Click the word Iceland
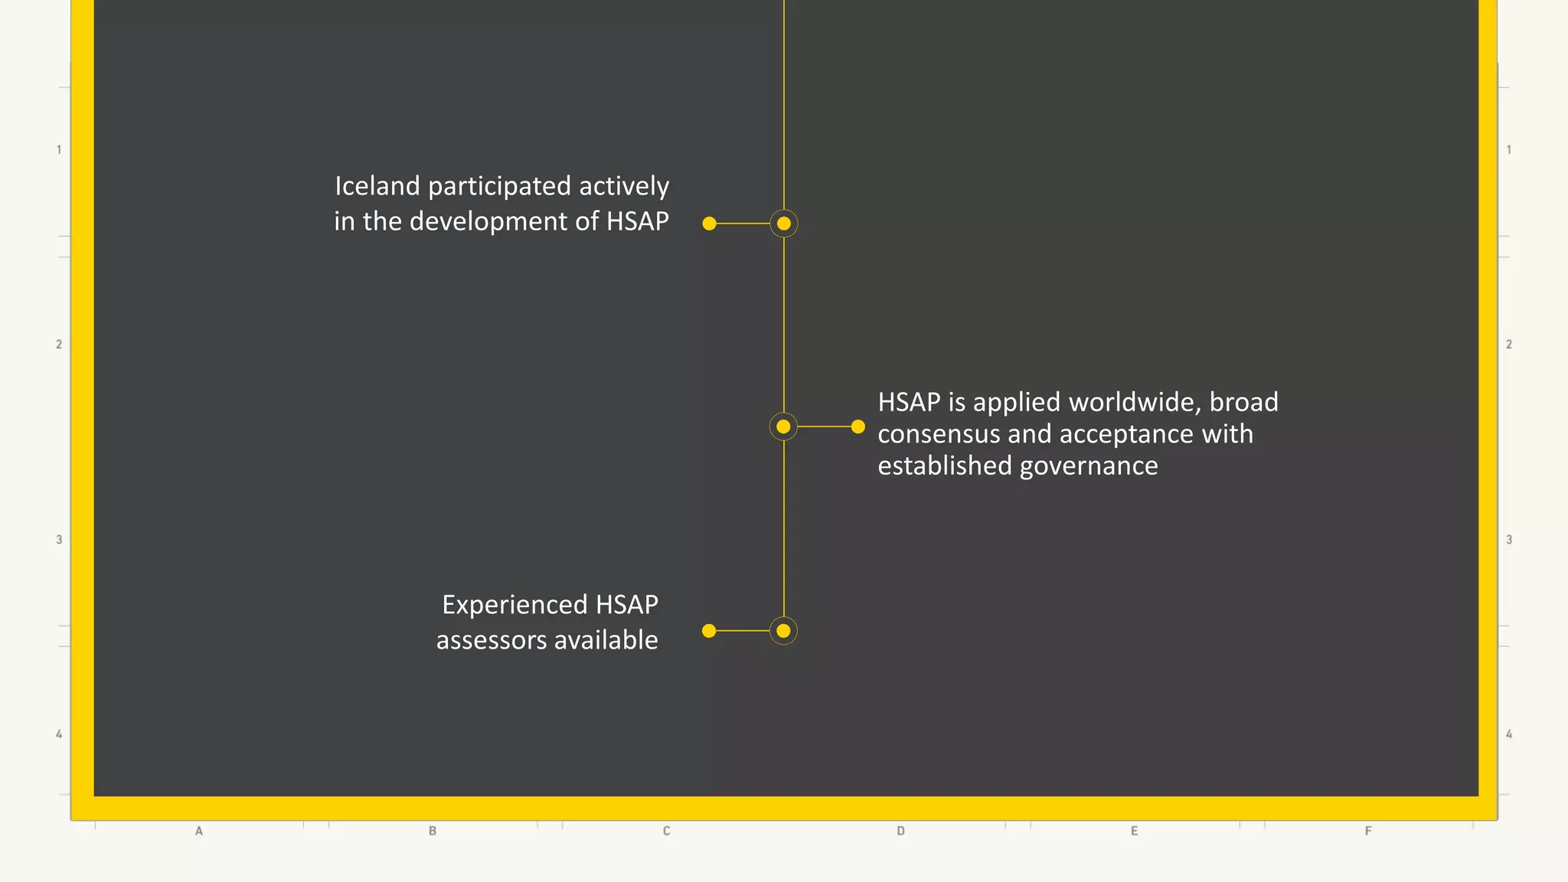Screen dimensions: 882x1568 (x=377, y=186)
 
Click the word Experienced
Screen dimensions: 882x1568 (x=514, y=605)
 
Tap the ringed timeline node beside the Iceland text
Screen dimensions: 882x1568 (x=783, y=224)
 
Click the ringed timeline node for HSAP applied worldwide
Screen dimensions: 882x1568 (x=783, y=426)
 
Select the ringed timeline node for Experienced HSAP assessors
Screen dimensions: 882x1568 (x=783, y=631)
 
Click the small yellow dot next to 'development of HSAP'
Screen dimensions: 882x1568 (x=710, y=224)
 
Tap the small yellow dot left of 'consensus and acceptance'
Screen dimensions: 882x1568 (x=858, y=426)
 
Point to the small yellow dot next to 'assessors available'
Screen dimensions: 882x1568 (x=709, y=631)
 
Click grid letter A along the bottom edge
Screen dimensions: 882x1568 (x=199, y=831)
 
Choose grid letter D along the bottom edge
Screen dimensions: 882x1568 (x=900, y=831)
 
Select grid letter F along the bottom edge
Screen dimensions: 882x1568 (x=1368, y=831)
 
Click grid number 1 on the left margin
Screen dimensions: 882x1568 (x=59, y=150)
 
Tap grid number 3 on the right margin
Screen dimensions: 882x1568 (x=1509, y=540)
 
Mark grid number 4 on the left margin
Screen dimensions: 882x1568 (x=59, y=734)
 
